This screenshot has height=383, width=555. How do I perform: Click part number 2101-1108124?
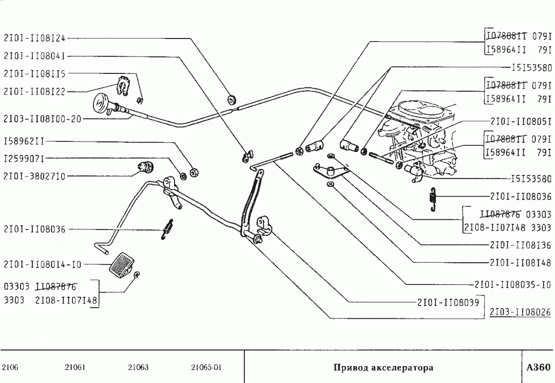point(34,37)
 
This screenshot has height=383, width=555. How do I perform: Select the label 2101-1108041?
point(34,55)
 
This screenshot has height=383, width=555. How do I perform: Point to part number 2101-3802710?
point(34,176)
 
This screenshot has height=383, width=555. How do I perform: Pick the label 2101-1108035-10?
point(513,284)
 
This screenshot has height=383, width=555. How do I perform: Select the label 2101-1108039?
point(448,302)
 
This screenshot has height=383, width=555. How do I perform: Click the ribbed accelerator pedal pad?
point(122,264)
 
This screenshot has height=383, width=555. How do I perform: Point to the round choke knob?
point(101,105)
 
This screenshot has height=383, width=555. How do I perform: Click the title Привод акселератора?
point(383,368)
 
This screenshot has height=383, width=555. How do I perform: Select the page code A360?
point(538,368)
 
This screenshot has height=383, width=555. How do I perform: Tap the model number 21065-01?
point(206,368)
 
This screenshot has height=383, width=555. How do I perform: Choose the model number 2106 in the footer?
point(10,368)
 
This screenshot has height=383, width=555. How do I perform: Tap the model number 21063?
point(138,368)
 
